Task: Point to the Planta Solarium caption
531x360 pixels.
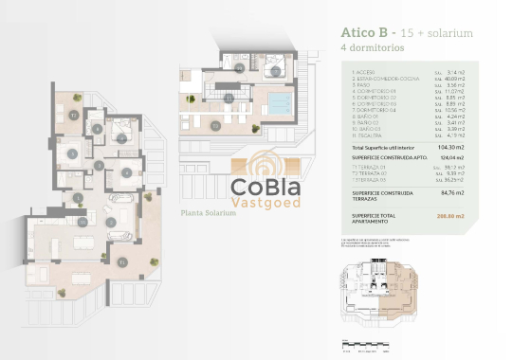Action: [207, 213]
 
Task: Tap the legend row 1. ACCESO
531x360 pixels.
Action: [365, 73]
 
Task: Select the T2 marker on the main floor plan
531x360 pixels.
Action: [74, 115]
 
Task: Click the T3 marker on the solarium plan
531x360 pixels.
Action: [229, 99]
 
